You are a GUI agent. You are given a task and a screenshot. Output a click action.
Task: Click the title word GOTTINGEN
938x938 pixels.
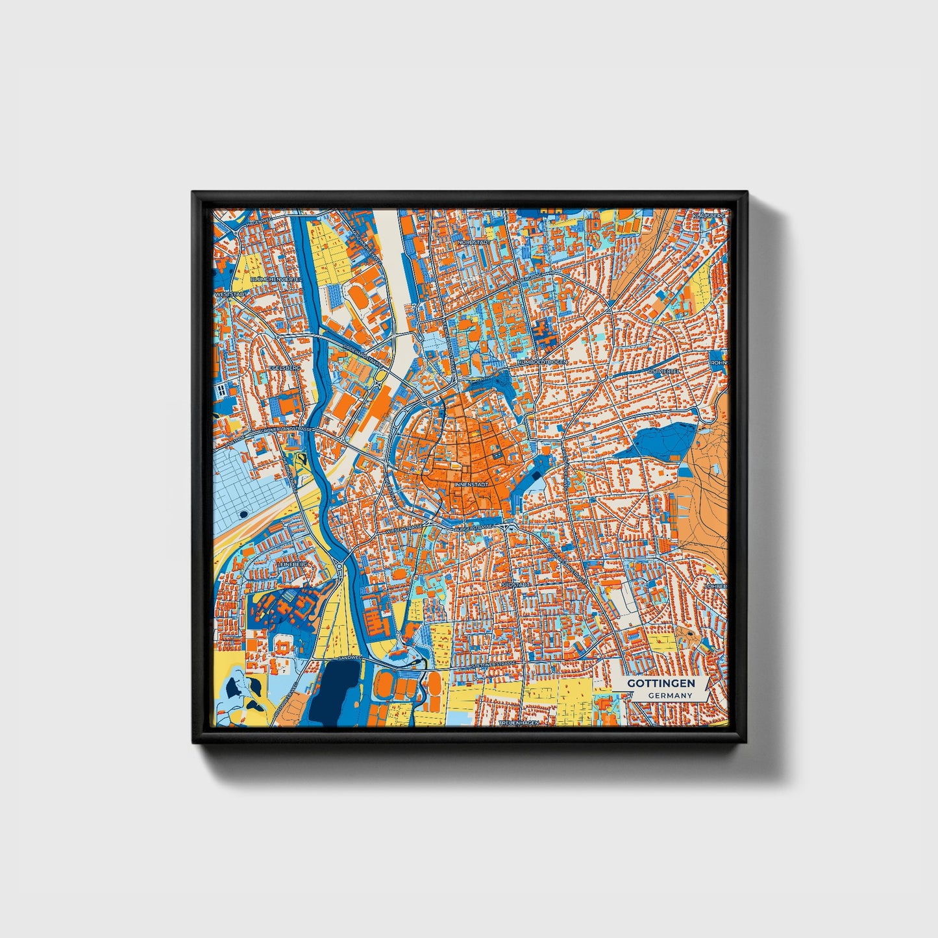tap(661, 684)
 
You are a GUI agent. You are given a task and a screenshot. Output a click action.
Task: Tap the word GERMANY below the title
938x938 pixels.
tap(670, 695)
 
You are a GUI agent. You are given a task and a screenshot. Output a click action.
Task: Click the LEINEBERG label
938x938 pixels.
tap(292, 565)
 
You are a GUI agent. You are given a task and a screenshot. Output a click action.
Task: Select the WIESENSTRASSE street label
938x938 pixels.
tap(404, 530)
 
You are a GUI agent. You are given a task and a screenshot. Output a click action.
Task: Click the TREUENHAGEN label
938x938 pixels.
tap(519, 722)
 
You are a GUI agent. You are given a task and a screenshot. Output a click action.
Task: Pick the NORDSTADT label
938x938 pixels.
tap(472, 241)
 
